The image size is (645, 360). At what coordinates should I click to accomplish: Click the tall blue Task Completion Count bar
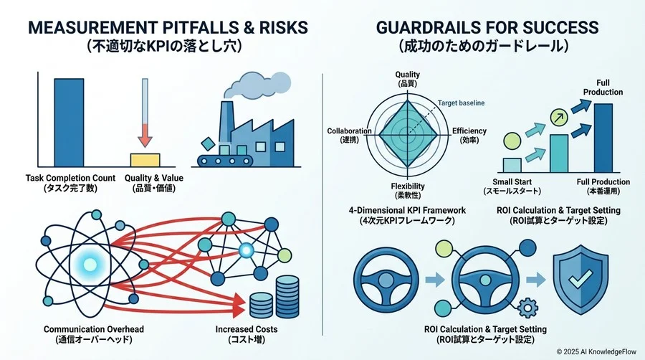[x=69, y=123]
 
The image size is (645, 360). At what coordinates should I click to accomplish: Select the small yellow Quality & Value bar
[x=145, y=160]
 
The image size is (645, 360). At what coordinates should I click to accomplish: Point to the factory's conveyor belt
[x=224, y=161]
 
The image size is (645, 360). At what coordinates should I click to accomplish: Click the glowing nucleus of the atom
[x=90, y=264]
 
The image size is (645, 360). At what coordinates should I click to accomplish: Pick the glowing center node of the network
[x=247, y=250]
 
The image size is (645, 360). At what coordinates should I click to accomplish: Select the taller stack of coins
[x=287, y=296]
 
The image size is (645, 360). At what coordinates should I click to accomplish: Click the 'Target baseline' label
[x=461, y=103]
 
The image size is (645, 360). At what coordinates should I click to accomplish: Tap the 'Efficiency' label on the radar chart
[x=469, y=131]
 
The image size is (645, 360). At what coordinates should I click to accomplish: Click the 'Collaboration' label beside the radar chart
[x=349, y=131]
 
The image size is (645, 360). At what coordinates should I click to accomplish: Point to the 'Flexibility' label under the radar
[x=408, y=186]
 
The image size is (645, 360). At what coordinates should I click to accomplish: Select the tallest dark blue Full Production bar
[x=603, y=138]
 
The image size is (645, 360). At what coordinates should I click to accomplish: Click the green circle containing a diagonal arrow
[x=559, y=118]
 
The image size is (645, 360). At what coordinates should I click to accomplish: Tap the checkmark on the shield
[x=580, y=280]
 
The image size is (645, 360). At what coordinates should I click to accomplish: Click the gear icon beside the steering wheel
[x=527, y=308]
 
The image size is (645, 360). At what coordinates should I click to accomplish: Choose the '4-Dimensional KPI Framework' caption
[x=407, y=210]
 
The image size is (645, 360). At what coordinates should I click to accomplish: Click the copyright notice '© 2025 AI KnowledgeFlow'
[x=596, y=352]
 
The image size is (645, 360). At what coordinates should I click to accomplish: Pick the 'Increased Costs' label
[x=247, y=329]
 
